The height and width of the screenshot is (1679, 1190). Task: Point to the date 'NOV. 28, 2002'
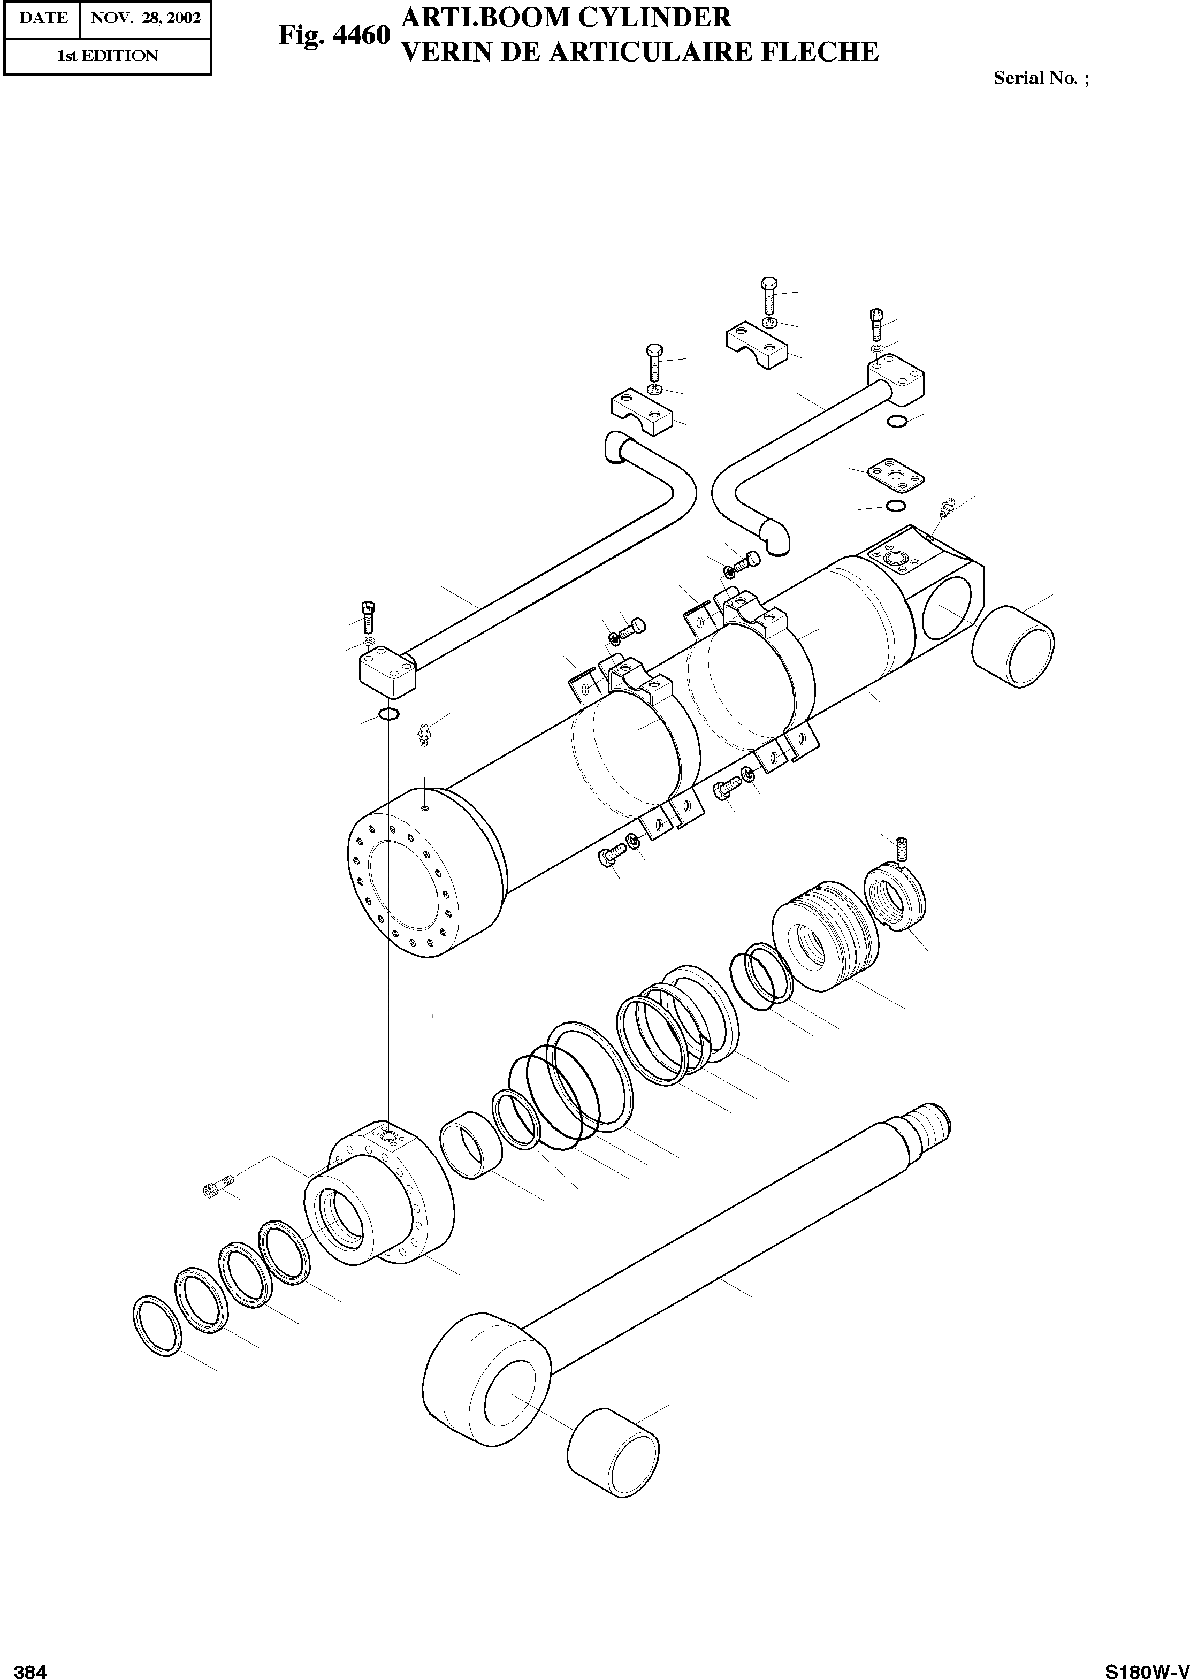click(x=145, y=18)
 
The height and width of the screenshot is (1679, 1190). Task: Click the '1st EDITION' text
click(x=108, y=56)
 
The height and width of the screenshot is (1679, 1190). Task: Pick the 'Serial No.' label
click(x=1035, y=78)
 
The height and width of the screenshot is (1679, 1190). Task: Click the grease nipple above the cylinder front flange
click(x=423, y=732)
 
